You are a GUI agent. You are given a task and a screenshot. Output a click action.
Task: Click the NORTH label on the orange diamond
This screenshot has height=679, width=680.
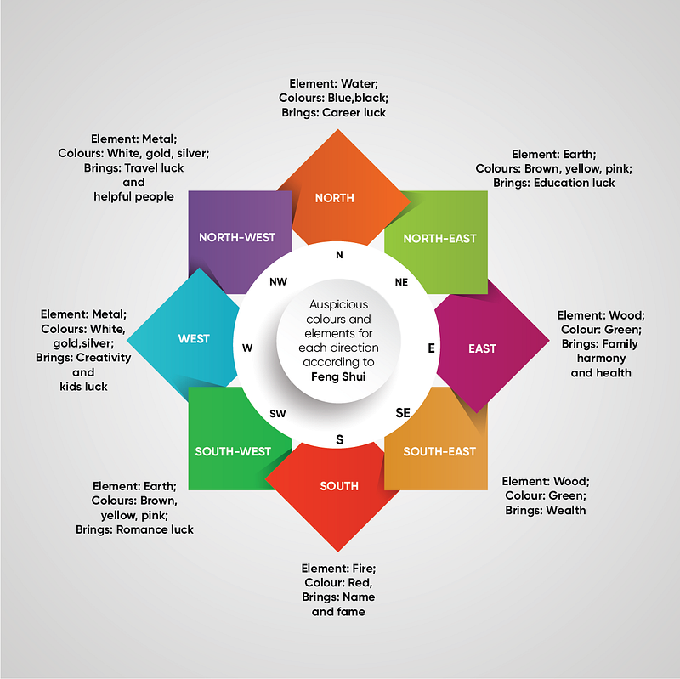click(x=334, y=198)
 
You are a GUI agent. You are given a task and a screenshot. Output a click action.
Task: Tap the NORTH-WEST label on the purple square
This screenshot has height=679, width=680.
click(x=237, y=238)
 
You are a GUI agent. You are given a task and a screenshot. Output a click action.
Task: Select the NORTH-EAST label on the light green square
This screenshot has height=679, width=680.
click(x=439, y=239)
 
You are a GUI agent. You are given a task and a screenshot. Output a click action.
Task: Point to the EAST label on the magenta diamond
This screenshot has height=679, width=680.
click(x=482, y=348)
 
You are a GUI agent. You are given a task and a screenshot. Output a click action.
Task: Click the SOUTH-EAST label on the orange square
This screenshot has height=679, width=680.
click(x=439, y=452)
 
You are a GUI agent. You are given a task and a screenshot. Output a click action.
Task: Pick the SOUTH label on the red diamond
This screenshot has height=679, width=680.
click(x=339, y=486)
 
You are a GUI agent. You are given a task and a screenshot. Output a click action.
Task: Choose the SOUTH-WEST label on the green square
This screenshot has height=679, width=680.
click(x=233, y=452)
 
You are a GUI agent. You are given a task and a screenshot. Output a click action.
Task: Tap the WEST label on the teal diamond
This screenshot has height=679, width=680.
click(x=194, y=338)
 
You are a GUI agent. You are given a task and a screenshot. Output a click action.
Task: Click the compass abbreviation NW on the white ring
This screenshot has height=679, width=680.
click(x=278, y=282)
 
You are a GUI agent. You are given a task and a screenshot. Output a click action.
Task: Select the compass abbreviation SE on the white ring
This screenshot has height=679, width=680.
click(x=402, y=413)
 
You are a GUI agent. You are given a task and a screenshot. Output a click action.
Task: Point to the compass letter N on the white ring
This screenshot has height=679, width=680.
click(x=339, y=255)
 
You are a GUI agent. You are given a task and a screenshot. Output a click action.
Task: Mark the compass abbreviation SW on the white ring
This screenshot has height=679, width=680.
click(x=278, y=414)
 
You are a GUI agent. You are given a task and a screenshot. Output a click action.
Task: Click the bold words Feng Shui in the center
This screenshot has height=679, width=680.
click(x=338, y=376)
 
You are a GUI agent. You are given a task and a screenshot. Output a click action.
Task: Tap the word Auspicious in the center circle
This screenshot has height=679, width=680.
click(x=338, y=304)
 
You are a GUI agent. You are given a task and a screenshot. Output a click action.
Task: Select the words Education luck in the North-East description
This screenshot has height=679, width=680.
click(x=575, y=183)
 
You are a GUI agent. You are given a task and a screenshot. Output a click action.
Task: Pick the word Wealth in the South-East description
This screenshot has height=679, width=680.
click(x=565, y=511)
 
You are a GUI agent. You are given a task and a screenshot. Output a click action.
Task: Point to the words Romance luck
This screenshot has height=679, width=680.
click(x=155, y=529)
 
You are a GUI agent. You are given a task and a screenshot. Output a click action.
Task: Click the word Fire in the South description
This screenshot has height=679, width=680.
click(x=364, y=569)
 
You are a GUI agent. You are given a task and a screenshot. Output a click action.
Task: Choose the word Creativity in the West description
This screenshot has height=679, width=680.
click(x=103, y=358)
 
